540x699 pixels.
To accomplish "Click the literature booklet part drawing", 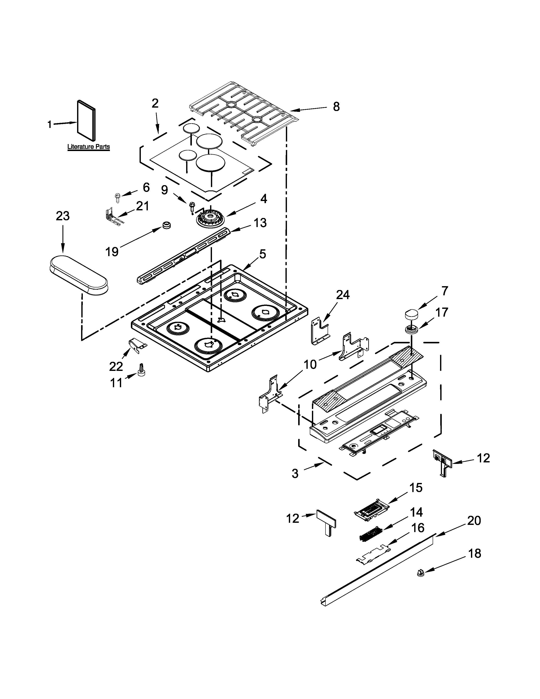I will pyautogui.click(x=86, y=121).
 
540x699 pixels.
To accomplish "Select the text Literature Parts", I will pyautogui.click(x=89, y=147).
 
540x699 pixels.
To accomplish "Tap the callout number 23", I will pyautogui.click(x=63, y=216).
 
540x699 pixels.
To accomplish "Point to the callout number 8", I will pyautogui.click(x=336, y=107).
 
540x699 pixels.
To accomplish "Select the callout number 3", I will pyautogui.click(x=295, y=474).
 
